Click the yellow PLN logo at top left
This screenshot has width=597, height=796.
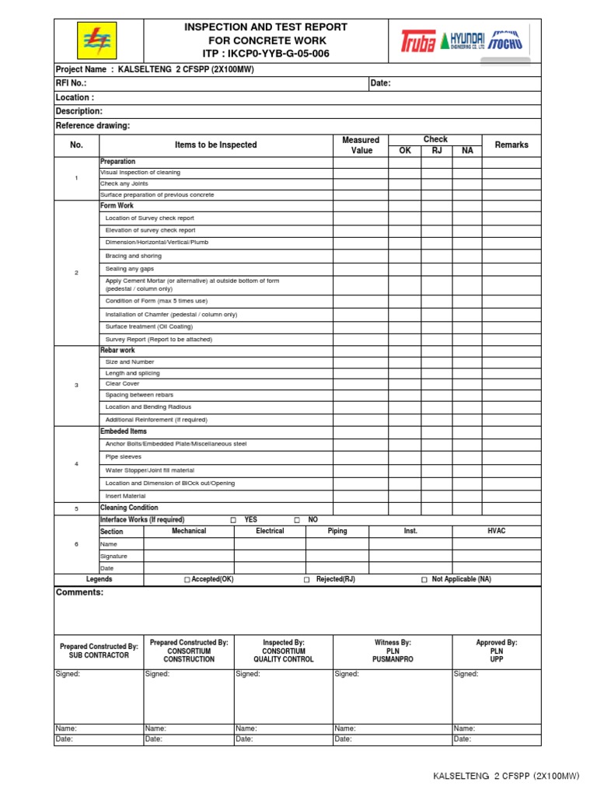(x=98, y=40)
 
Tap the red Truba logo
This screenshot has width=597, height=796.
(x=417, y=41)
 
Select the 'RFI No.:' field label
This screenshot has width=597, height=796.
(x=72, y=83)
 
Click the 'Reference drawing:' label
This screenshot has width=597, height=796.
(x=93, y=126)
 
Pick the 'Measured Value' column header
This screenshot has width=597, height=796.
(x=361, y=145)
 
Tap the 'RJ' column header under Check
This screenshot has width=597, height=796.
(x=436, y=151)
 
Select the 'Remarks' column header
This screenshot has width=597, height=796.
(x=511, y=145)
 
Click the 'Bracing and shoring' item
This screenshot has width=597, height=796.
(x=134, y=256)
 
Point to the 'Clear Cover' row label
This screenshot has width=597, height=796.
(x=123, y=384)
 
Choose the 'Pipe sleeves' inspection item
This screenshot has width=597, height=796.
(x=124, y=456)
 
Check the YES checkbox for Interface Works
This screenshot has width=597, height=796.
(x=233, y=520)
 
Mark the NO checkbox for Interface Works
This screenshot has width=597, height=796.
(x=297, y=520)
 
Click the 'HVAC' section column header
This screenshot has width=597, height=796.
(x=496, y=531)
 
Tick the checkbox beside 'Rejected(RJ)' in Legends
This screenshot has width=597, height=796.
(x=307, y=580)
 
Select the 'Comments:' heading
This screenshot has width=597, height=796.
(x=79, y=592)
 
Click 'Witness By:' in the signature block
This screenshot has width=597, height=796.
(x=393, y=643)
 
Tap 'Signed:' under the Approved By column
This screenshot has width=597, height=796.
(x=466, y=674)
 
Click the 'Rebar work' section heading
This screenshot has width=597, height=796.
(x=117, y=351)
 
